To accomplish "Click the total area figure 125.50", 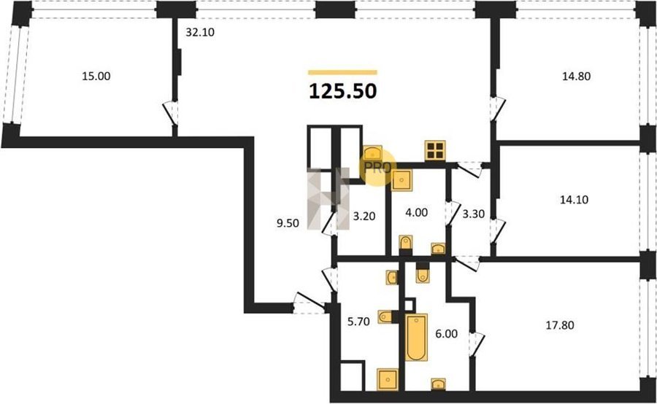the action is [343, 92].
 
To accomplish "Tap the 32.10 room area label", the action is [200, 32].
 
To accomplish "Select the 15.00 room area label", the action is [96, 76].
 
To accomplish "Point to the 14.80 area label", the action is [576, 76].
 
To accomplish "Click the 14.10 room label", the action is [574, 200].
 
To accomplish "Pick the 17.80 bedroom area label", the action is [560, 325].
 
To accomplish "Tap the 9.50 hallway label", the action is [288, 223].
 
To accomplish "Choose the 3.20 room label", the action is [364, 217].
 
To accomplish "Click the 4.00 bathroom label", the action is [417, 212].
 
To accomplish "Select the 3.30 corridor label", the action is [474, 214].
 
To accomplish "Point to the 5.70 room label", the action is [358, 321].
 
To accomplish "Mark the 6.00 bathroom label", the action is [446, 334].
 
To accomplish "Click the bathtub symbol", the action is [417, 337].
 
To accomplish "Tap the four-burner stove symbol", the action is [435, 151].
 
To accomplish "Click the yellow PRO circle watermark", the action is [378, 168].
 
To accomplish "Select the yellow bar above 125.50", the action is [343, 72].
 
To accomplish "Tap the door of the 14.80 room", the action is [497, 109].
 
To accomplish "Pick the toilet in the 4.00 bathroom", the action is [406, 242].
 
